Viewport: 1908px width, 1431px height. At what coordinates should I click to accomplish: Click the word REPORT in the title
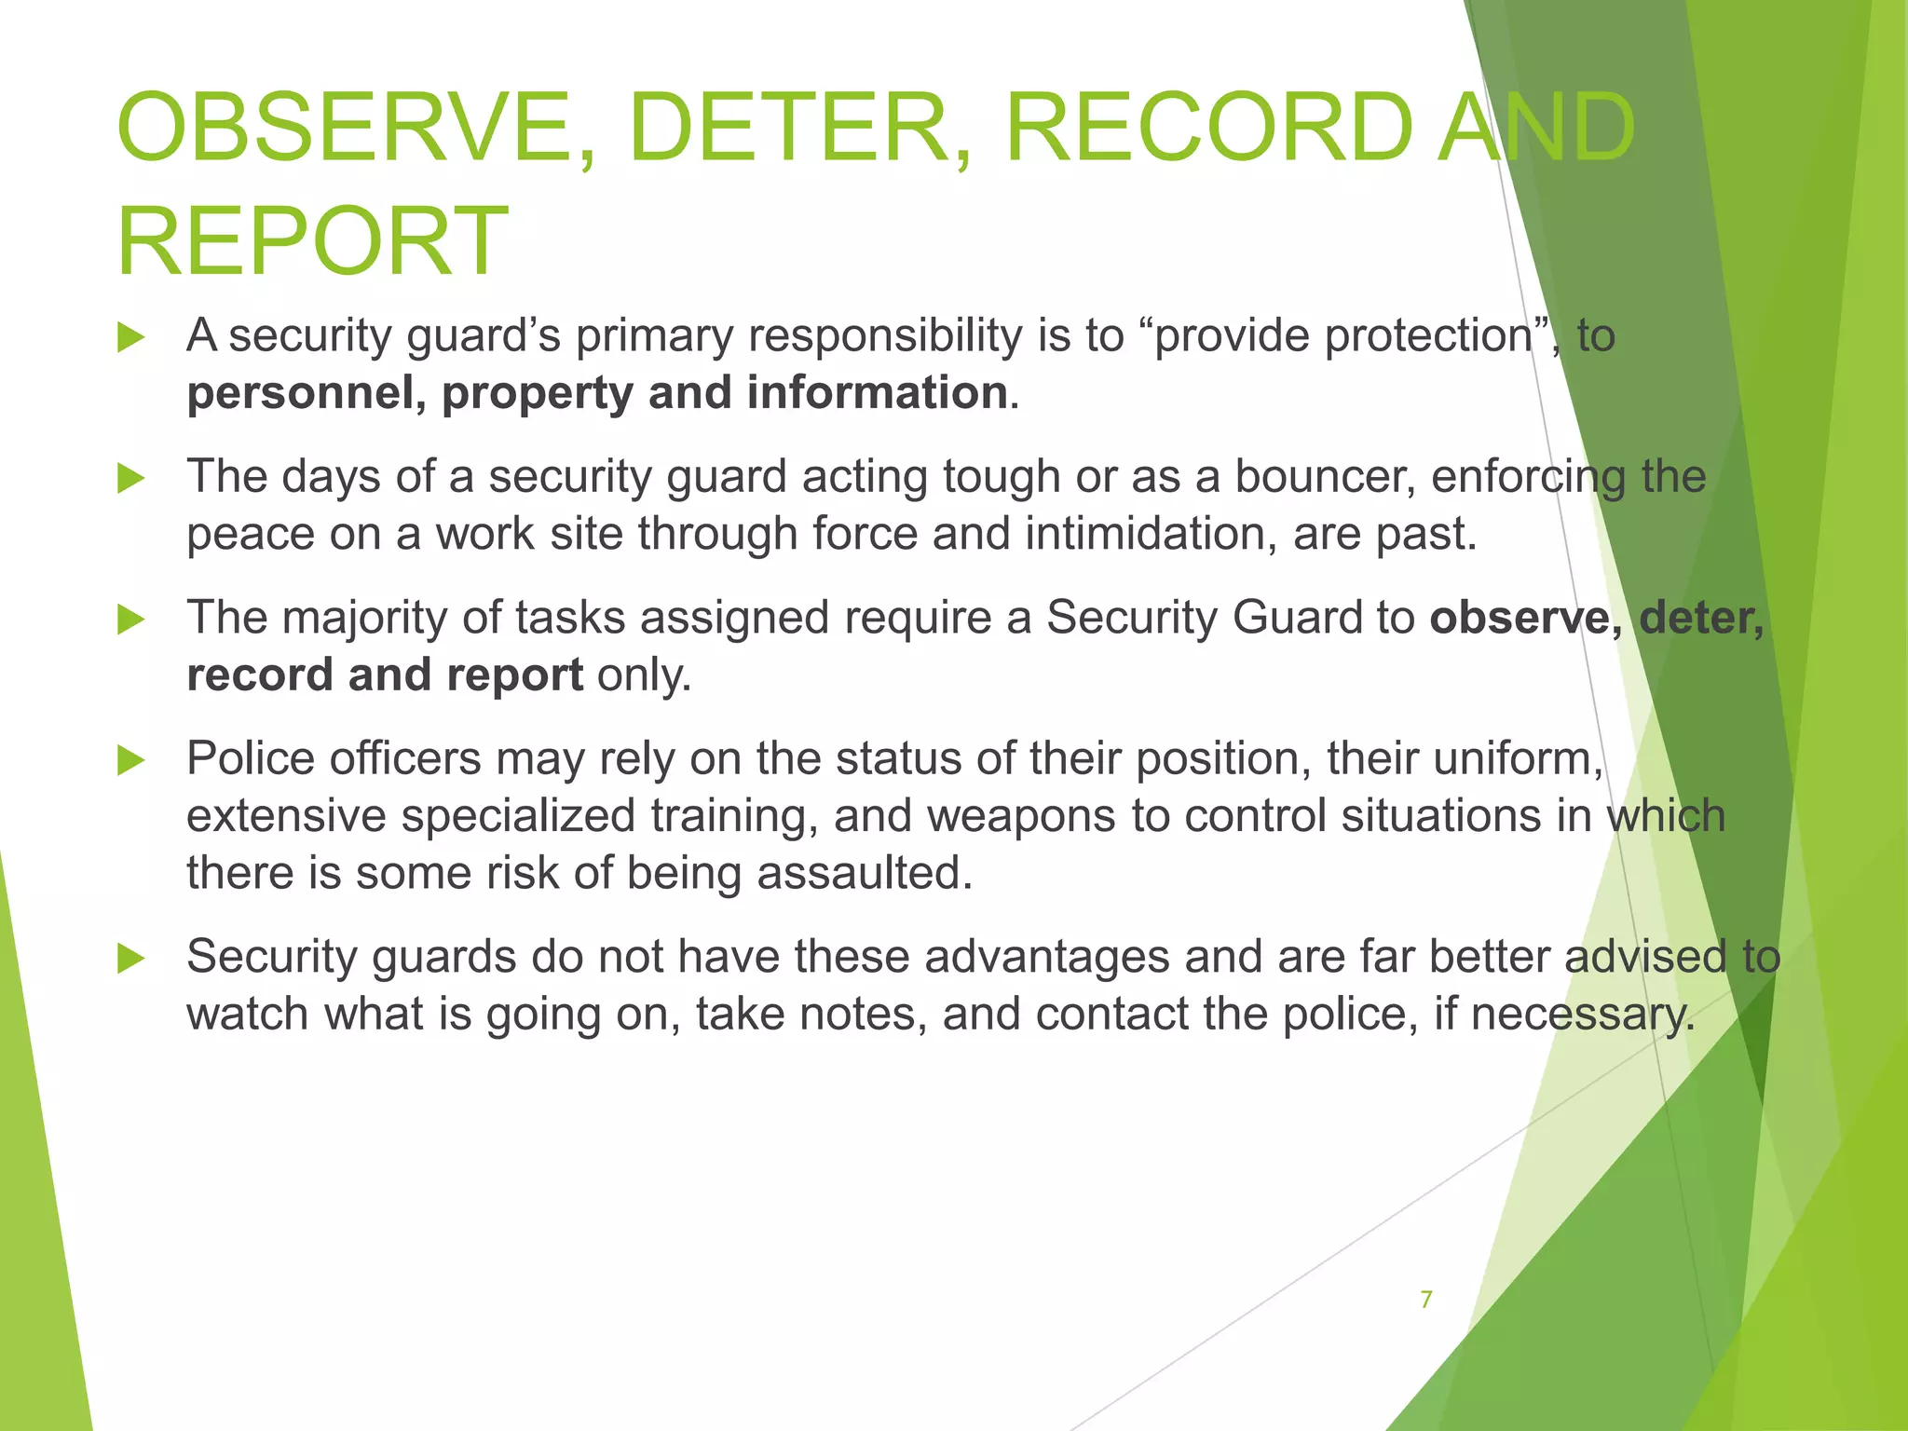[x=312, y=241]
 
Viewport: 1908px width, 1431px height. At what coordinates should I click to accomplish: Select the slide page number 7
[x=1425, y=1299]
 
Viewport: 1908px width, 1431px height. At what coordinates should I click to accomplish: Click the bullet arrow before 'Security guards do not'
[x=131, y=958]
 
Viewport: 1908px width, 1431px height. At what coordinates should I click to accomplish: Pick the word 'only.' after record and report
[x=645, y=675]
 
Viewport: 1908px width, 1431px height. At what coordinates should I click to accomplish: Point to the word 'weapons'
[x=1021, y=816]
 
